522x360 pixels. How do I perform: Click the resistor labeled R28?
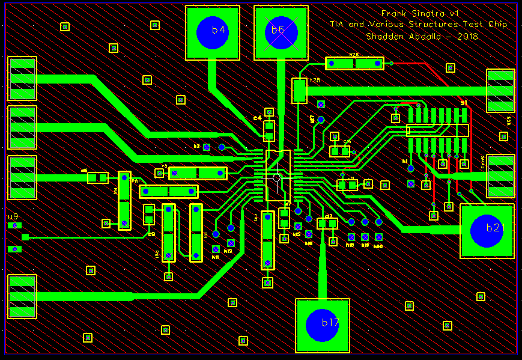click(x=354, y=63)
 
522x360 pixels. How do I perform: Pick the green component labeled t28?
click(x=299, y=91)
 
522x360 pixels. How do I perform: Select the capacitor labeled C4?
click(x=269, y=130)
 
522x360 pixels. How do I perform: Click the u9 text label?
click(x=13, y=216)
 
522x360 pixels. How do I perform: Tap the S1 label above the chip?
click(x=464, y=103)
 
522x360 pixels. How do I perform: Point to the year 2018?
click(x=467, y=36)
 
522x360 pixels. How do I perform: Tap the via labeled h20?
click(x=378, y=237)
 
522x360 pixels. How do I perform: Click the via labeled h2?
click(x=207, y=147)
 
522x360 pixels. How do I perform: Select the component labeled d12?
click(x=327, y=224)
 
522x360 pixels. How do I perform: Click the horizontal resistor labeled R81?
click(x=169, y=192)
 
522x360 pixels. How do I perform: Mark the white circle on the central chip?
click(x=276, y=178)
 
